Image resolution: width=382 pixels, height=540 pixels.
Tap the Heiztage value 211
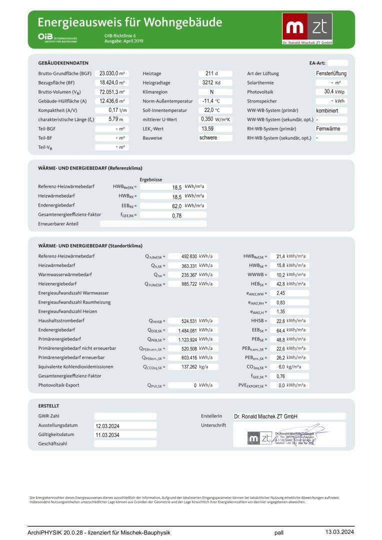(x=209, y=73)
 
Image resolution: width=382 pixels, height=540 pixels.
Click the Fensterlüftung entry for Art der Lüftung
(x=331, y=73)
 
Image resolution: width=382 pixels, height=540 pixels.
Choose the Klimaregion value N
(x=211, y=92)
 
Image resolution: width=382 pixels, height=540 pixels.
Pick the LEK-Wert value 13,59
(x=207, y=128)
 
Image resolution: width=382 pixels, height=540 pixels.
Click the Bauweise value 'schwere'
(x=208, y=137)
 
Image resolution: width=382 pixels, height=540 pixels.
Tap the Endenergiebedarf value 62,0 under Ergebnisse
(x=177, y=205)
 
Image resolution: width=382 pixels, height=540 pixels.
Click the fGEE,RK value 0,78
(x=176, y=215)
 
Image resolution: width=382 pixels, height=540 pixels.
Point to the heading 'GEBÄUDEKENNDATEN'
(x=63, y=63)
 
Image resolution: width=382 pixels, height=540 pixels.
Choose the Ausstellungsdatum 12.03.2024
(x=107, y=426)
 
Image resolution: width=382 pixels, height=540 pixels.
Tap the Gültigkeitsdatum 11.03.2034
(x=107, y=435)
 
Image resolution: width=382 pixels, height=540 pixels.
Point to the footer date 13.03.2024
(x=339, y=532)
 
